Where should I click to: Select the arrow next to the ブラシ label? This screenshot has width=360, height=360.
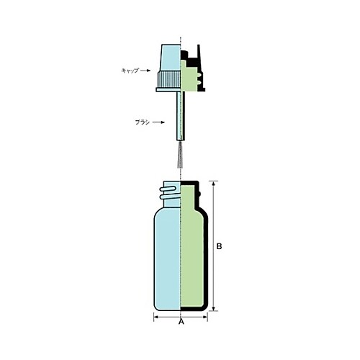pyautogui.click(x=156, y=123)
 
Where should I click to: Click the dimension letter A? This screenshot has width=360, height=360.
pyautogui.click(x=181, y=323)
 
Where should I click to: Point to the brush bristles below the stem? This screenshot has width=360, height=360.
pyautogui.click(x=180, y=159)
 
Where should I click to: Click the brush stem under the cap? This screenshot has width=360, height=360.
pyautogui.click(x=180, y=119)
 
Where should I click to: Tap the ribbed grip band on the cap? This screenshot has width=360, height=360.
pyautogui.click(x=168, y=76)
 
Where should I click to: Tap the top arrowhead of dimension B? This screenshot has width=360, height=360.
pyautogui.click(x=212, y=184)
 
